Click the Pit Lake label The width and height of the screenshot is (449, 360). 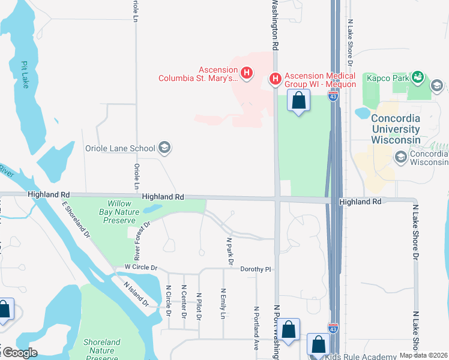point(25,74)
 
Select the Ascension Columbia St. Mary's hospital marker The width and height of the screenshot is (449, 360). point(246,73)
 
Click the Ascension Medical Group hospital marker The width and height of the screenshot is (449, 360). point(275,79)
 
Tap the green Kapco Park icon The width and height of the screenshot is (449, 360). point(417,77)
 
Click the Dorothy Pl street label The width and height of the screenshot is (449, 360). point(256,269)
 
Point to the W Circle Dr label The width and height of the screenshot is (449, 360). point(140,267)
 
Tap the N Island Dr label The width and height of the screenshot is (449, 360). point(136,295)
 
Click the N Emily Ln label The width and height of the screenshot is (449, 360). point(223,303)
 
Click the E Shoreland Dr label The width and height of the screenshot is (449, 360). point(76,218)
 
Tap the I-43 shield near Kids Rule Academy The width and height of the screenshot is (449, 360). point(333,328)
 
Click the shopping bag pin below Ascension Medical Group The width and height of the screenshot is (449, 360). point(299,100)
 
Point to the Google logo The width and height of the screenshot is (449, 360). point(19,353)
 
